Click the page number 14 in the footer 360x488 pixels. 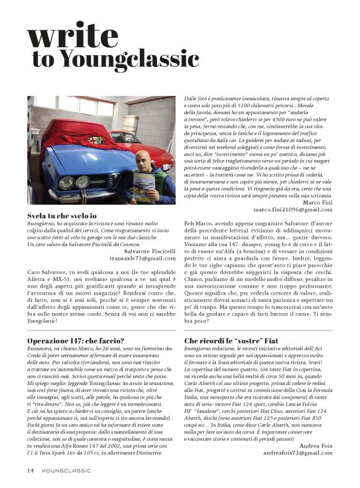(x=30, y=470)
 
